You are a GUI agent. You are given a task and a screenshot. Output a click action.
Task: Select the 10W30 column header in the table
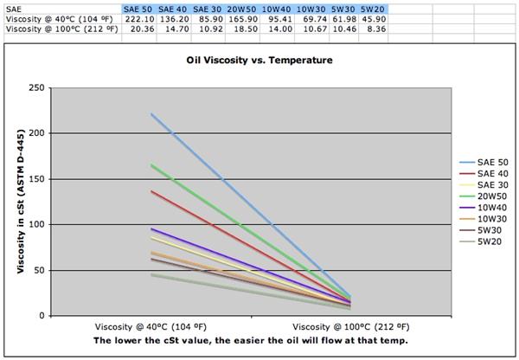[x=310, y=8]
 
